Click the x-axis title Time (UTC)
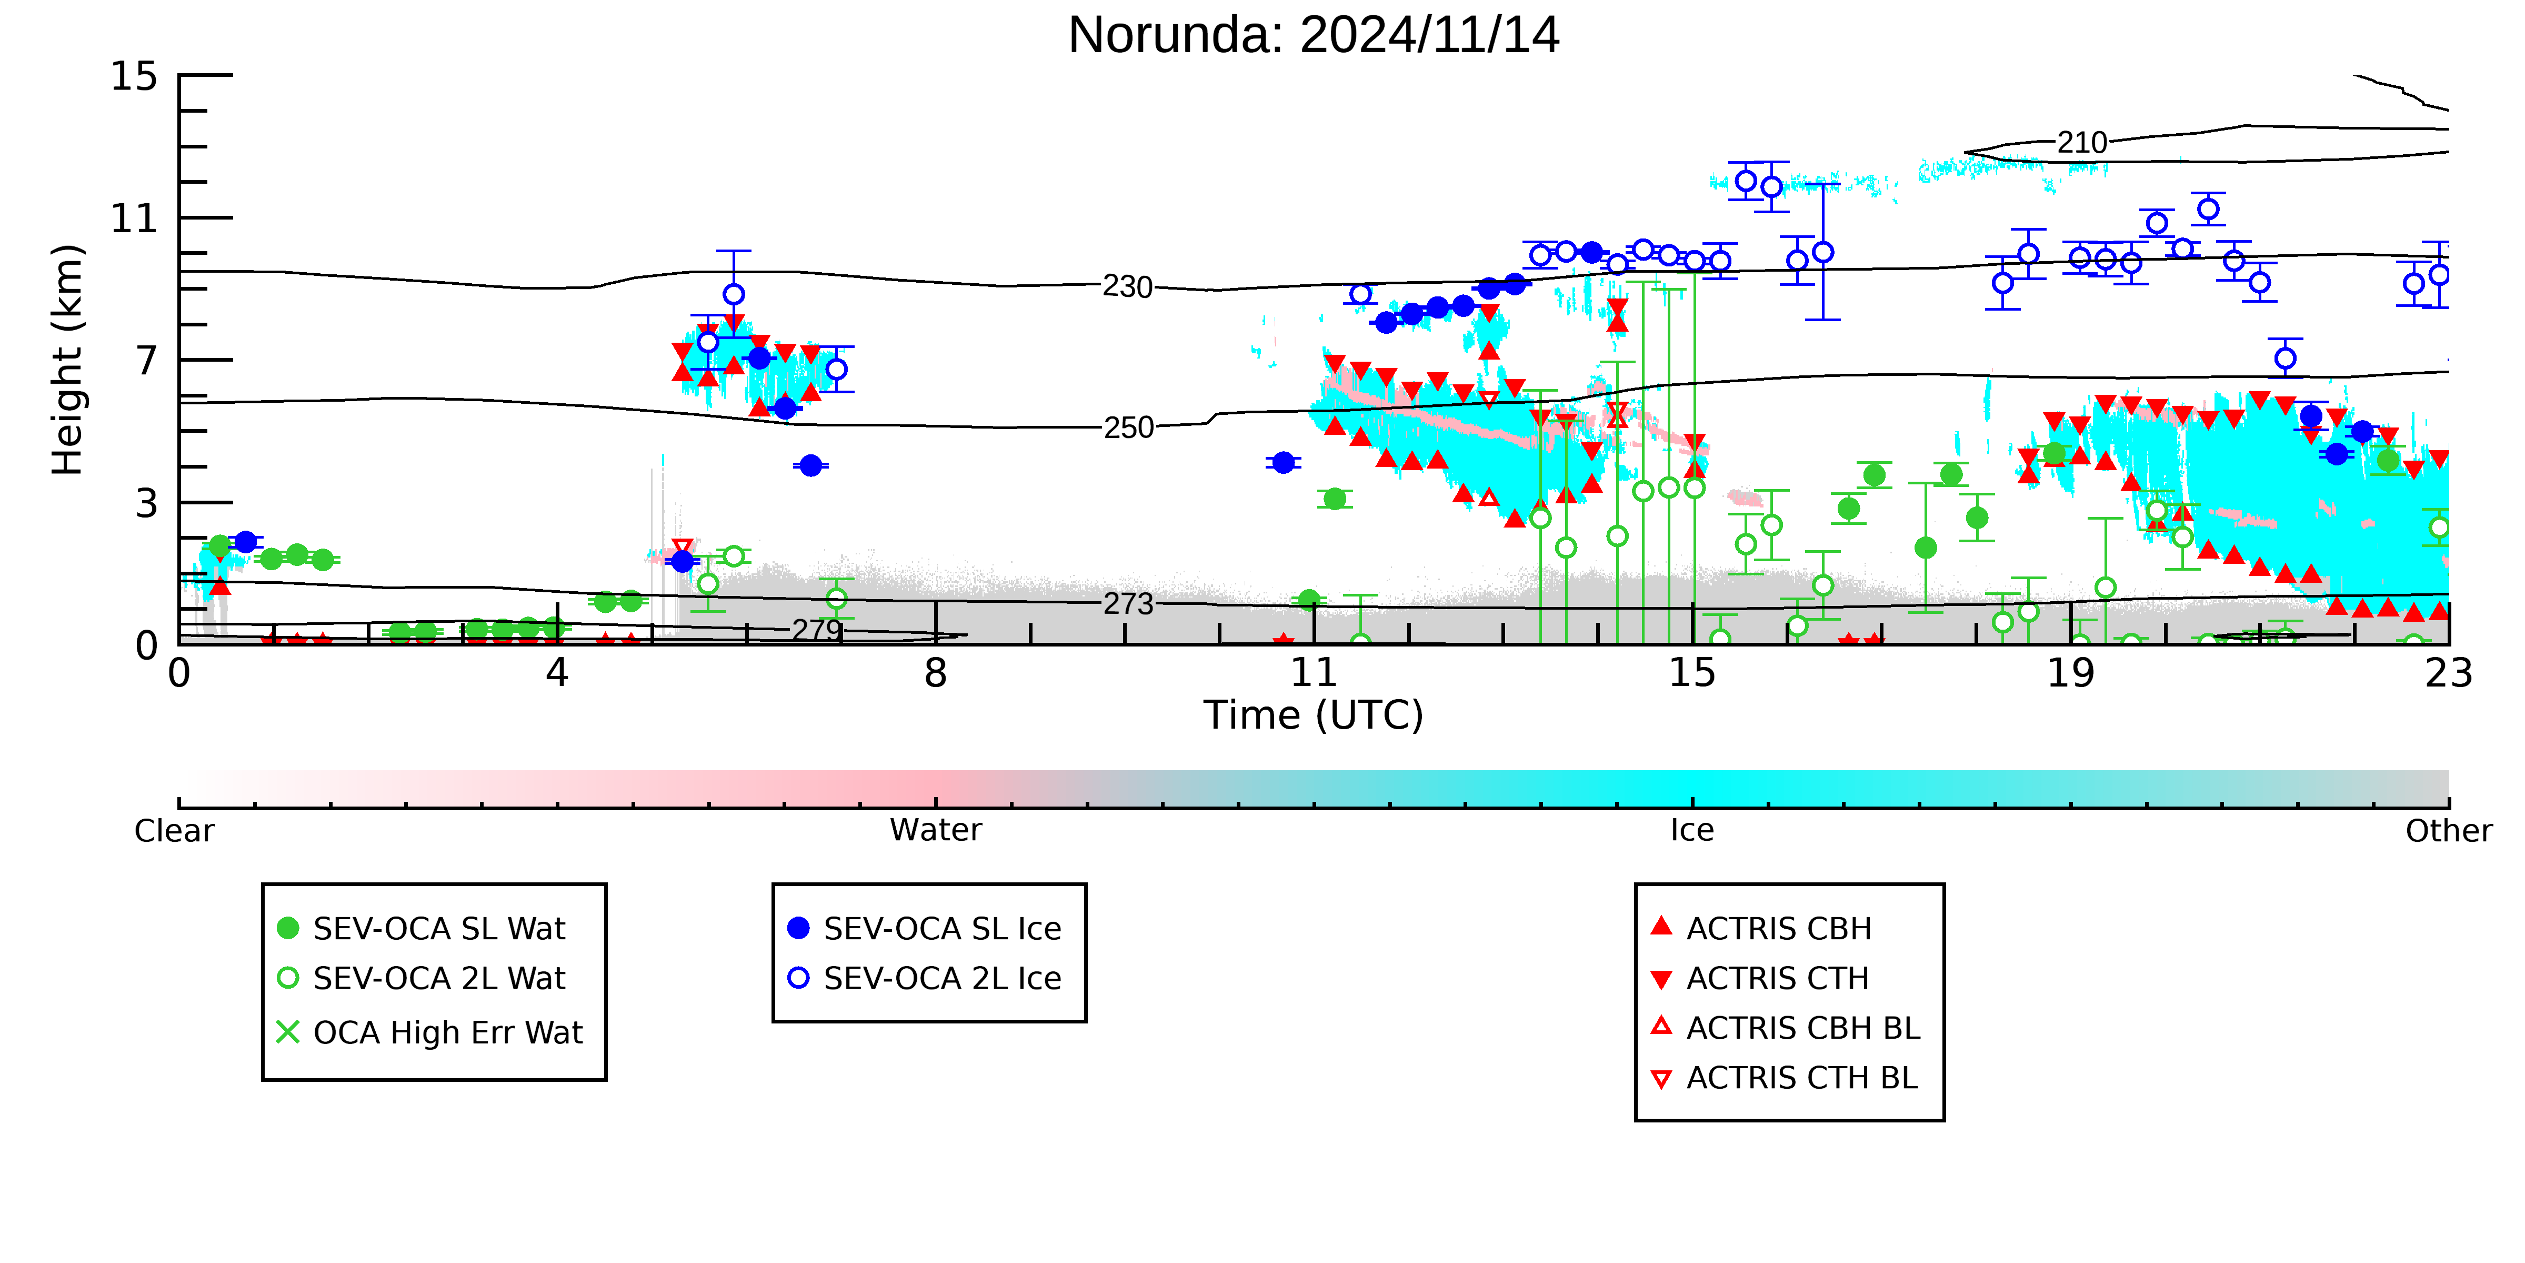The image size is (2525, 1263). [1314, 715]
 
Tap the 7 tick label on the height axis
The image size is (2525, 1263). [146, 361]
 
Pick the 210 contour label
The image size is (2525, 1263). [2082, 143]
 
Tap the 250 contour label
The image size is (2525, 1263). [1128, 427]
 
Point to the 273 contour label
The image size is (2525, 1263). [1128, 604]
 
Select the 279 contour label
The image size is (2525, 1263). [817, 630]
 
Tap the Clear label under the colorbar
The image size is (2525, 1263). [175, 831]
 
